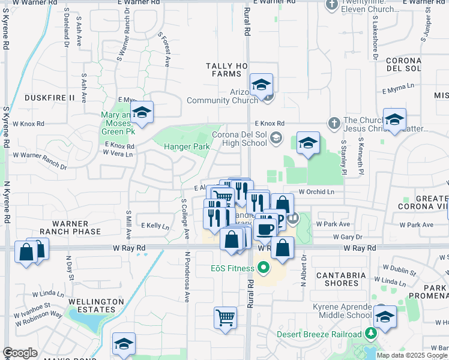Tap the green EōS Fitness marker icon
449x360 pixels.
(262, 268)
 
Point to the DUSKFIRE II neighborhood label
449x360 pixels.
(49, 97)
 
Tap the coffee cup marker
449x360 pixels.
(264, 228)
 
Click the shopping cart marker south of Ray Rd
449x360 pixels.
(225, 317)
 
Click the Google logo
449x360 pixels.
(20, 353)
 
